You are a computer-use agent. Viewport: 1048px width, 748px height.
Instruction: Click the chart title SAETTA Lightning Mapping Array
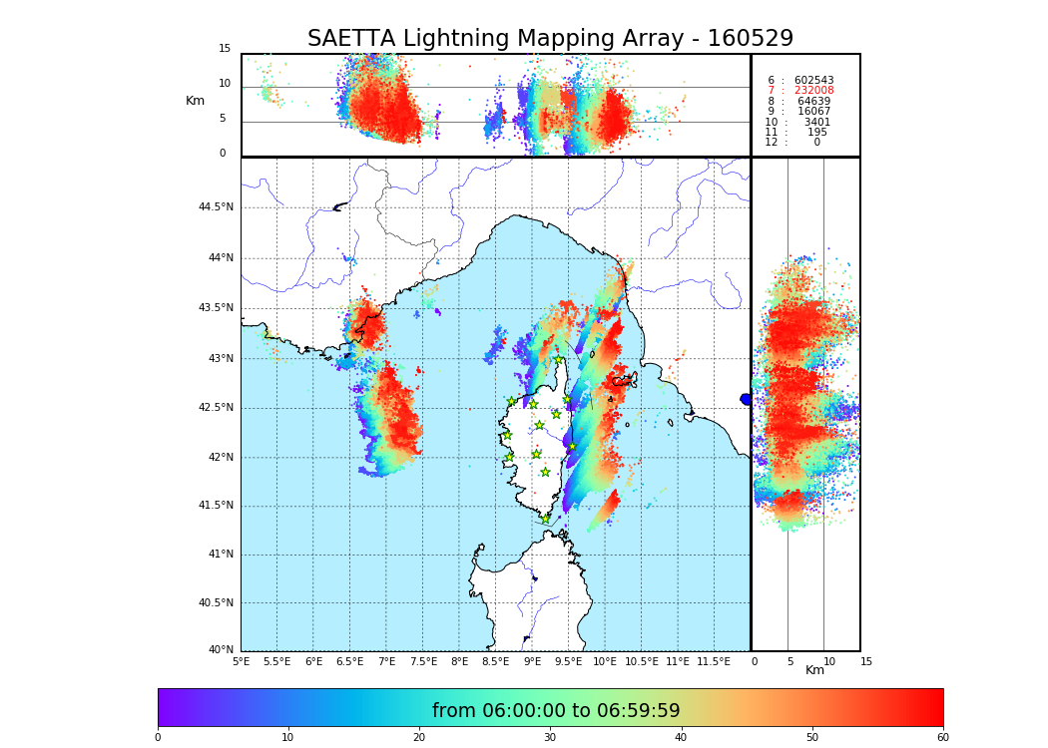click(550, 39)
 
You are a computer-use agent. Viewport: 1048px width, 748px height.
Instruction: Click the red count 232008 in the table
click(813, 91)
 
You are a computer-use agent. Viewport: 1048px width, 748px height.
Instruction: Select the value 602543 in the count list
click(813, 81)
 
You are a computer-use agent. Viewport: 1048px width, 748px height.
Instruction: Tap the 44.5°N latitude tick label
click(216, 207)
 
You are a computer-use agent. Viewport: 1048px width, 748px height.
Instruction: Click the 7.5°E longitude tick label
click(423, 662)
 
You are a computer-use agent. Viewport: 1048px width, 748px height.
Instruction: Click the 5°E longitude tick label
click(241, 662)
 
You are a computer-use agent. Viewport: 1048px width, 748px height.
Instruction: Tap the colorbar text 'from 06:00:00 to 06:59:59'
click(556, 711)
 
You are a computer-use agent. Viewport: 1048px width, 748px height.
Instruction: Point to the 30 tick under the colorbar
click(550, 738)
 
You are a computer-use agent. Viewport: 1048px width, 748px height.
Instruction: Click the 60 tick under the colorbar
click(942, 738)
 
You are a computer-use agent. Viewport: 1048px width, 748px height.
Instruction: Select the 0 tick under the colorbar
click(158, 738)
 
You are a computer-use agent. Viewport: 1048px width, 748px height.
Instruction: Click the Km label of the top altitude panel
click(195, 101)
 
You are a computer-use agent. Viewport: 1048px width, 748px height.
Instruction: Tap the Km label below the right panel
click(815, 670)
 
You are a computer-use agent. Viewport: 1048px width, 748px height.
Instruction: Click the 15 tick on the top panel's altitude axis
click(225, 49)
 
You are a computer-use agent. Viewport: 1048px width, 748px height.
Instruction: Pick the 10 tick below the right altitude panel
click(829, 662)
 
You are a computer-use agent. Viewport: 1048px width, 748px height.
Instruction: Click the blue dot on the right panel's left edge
click(746, 399)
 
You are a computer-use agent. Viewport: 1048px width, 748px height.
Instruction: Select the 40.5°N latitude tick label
click(216, 603)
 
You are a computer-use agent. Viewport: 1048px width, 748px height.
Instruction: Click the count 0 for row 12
click(816, 143)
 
